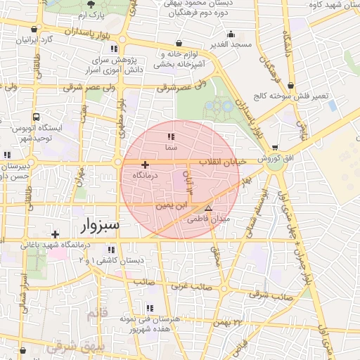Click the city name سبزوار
coord(96,226)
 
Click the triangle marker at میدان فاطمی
coord(207,209)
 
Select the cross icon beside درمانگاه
coord(145,164)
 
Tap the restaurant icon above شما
coord(169,136)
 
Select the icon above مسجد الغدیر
coord(231,34)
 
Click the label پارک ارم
coord(91,15)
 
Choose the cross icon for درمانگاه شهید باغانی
coord(55,234)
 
